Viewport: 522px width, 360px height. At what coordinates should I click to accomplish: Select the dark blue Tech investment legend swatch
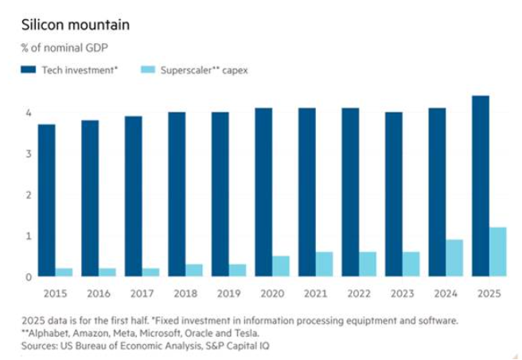pyautogui.click(x=30, y=71)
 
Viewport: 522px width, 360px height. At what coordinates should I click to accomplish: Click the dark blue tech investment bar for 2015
pyautogui.click(x=46, y=200)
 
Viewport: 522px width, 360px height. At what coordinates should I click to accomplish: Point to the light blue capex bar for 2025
pyautogui.click(x=498, y=252)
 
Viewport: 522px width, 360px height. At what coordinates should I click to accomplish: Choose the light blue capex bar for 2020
pyautogui.click(x=281, y=266)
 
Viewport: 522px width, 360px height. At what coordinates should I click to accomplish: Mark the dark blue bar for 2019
pyautogui.click(x=220, y=194)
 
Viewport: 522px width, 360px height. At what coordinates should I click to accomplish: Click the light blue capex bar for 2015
pyautogui.click(x=64, y=272)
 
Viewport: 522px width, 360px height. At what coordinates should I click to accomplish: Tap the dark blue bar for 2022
pyautogui.click(x=350, y=192)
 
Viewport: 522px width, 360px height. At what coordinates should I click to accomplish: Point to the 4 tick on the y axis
pyautogui.click(x=28, y=113)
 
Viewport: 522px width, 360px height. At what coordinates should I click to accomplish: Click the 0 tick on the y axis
pyautogui.click(x=28, y=277)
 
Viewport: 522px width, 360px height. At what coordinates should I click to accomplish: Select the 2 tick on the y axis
pyautogui.click(x=28, y=195)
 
